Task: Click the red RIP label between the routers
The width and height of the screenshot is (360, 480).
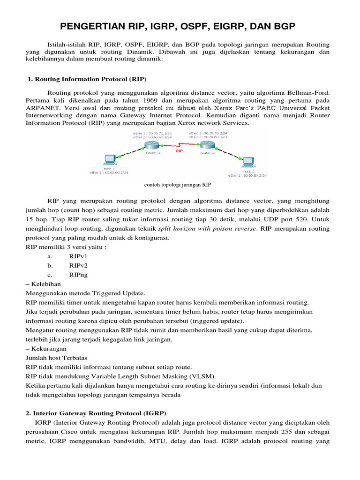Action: pyautogui.click(x=179, y=151)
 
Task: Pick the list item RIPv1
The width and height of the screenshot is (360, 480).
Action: pyautogui.click(x=78, y=256)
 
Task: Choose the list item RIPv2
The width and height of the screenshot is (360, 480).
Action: pyautogui.click(x=78, y=265)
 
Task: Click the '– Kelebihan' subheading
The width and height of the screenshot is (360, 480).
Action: pyautogui.click(x=43, y=284)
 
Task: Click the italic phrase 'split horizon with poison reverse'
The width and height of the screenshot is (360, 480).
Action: pyautogui.click(x=208, y=229)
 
